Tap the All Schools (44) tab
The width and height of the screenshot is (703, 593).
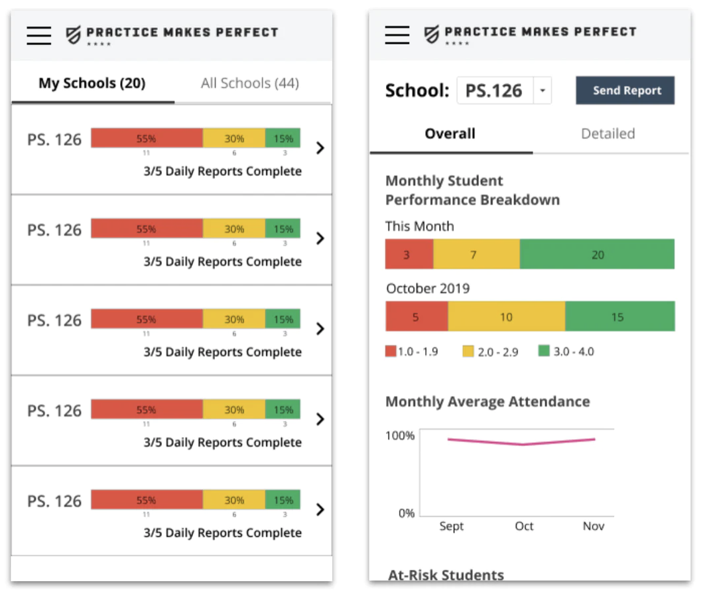(x=249, y=84)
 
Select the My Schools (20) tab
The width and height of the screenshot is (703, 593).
(x=92, y=84)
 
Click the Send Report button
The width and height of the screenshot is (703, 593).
(x=625, y=91)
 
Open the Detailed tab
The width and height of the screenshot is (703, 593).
(x=607, y=134)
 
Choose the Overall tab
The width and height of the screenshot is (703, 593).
(x=450, y=134)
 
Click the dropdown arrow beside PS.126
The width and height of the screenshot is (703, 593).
(x=543, y=91)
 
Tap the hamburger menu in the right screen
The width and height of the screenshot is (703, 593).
(x=397, y=34)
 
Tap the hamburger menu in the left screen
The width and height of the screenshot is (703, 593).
(x=39, y=34)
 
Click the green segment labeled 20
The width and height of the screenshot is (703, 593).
(x=597, y=255)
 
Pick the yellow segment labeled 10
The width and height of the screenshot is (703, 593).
(x=506, y=317)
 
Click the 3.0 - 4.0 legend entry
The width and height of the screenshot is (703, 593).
(x=566, y=352)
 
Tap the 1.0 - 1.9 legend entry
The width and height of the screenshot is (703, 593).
(x=411, y=352)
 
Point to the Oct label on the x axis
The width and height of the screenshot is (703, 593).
(x=524, y=526)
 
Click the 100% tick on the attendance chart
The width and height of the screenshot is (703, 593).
(x=400, y=436)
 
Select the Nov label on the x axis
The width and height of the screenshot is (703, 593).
(x=594, y=526)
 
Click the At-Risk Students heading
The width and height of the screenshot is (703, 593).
(x=446, y=575)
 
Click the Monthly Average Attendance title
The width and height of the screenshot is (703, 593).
(x=487, y=402)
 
